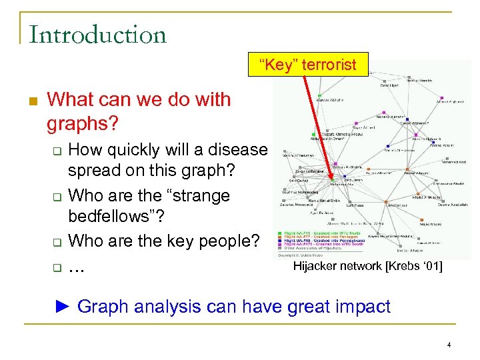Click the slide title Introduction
pos(98,34)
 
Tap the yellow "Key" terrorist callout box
pos(307,65)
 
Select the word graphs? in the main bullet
pos(83,123)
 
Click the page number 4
pos(449,345)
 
